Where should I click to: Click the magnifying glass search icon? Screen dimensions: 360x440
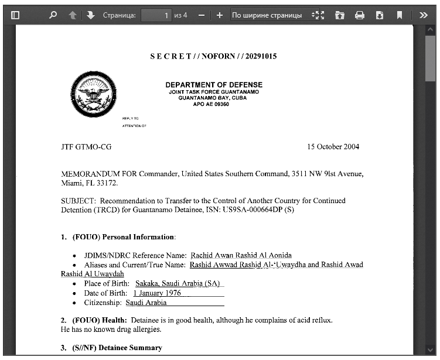[x=53, y=15]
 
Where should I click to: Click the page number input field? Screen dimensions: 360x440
[x=156, y=15]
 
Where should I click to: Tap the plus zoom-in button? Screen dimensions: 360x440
[x=219, y=15]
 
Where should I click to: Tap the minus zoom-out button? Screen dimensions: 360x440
[x=202, y=15]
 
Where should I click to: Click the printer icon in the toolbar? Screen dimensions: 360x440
[x=360, y=15]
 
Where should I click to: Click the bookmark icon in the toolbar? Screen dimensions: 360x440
[x=399, y=15]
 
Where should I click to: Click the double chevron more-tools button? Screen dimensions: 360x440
[x=424, y=15]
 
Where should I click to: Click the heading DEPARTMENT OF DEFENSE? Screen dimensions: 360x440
[x=214, y=85]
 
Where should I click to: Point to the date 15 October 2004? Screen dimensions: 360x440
[x=333, y=146]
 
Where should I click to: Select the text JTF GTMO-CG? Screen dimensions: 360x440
[x=86, y=146]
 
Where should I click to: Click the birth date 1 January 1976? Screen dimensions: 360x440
[x=157, y=293]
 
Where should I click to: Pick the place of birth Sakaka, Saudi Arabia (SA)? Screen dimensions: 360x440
[x=177, y=283]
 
